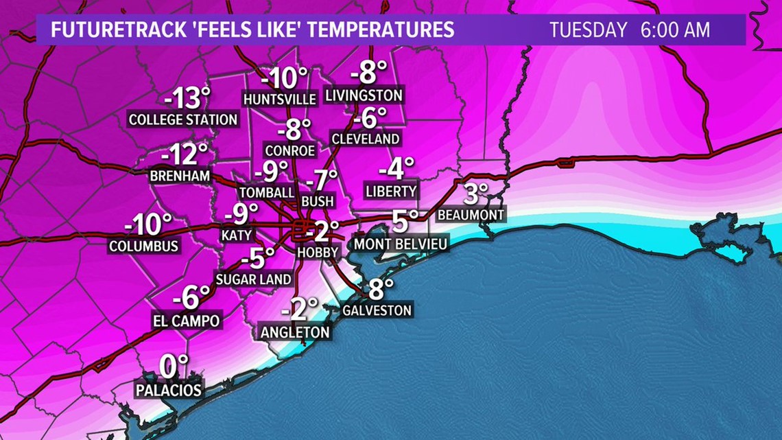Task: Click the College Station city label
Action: (183, 119)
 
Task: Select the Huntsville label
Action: (280, 99)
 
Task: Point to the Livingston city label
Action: (364, 95)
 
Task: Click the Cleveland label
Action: (365, 139)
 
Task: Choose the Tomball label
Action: (267, 192)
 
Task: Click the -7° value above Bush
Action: (322, 180)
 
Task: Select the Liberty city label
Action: (391, 191)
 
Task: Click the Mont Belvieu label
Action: (400, 244)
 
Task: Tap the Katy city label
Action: (236, 235)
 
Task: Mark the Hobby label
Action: (318, 252)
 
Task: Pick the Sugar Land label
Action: (254, 279)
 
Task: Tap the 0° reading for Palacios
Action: (174, 367)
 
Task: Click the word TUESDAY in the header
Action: (589, 30)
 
